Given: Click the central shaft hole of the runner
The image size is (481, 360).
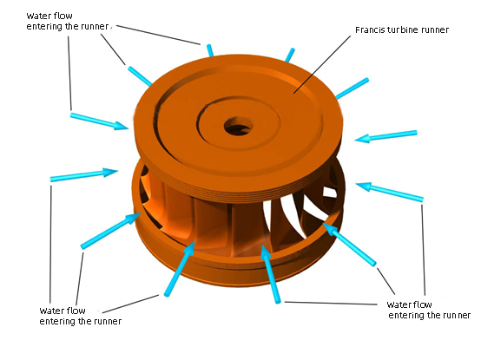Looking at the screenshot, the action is coord(238,126).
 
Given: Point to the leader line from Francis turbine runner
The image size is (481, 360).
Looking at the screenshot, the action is coord(322,64).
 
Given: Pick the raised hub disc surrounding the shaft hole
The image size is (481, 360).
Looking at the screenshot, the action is coord(238,124).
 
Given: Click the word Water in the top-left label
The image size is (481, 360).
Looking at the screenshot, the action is coord(37,16).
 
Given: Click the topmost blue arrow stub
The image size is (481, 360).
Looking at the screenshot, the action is coord(210,50).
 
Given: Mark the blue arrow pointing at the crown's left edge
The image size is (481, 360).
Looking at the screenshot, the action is coord(99,121).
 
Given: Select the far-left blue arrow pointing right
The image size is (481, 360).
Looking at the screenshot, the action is coord(84,174).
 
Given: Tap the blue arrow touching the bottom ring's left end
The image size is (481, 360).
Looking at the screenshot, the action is coord(110,231).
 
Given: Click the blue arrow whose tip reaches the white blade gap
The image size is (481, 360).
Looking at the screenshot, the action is coord(349,244).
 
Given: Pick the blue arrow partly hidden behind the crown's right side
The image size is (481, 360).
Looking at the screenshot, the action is coord(353,88).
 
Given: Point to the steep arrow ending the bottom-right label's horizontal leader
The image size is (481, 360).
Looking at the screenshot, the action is coord(271,273).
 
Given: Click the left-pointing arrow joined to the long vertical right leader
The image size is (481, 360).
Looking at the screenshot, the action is coord(390,192).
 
